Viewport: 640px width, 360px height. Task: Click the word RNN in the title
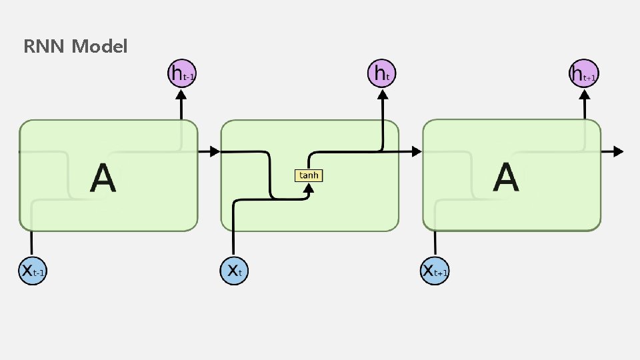(x=45, y=47)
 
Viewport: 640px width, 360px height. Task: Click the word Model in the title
(x=99, y=47)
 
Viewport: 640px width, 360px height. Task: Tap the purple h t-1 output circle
(x=181, y=73)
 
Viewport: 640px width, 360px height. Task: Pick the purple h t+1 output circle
(x=584, y=73)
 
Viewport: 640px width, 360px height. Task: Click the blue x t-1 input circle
(x=32, y=270)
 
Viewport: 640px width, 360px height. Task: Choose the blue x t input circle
(x=233, y=270)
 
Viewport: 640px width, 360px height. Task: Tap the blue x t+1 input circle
(x=435, y=270)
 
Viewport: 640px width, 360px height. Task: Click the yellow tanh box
(x=309, y=175)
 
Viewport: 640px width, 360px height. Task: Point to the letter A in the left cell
(x=103, y=178)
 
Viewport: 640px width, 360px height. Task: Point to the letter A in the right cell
(x=506, y=178)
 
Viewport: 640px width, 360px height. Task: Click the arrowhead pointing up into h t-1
(x=181, y=95)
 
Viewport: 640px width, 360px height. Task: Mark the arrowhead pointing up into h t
(x=383, y=95)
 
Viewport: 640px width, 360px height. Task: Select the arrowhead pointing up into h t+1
(x=584, y=95)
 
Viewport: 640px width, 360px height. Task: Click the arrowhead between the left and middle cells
(x=214, y=151)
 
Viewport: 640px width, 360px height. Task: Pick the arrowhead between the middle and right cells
(x=416, y=151)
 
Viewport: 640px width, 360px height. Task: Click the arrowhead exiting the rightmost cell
(x=618, y=151)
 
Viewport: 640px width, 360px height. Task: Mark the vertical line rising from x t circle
(x=233, y=233)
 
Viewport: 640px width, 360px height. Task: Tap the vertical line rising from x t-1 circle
(x=32, y=243)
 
